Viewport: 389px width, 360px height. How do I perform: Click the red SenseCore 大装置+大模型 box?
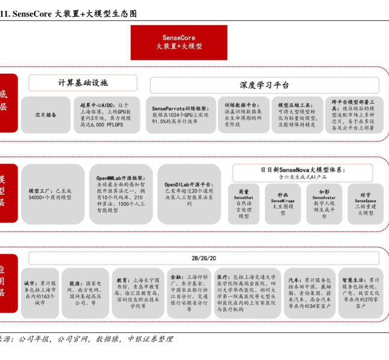(x=179, y=42)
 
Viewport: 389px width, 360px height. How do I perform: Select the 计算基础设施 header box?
(x=83, y=83)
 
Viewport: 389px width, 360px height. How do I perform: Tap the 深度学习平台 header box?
(x=264, y=85)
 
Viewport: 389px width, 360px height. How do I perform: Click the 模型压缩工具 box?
(x=297, y=115)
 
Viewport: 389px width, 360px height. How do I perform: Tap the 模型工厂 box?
(x=52, y=194)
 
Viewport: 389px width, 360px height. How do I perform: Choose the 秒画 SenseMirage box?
(x=283, y=204)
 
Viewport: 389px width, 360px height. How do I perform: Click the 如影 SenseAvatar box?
(x=324, y=204)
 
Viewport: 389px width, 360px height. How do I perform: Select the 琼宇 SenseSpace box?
(x=365, y=204)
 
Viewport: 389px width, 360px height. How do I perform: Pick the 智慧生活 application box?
(x=360, y=292)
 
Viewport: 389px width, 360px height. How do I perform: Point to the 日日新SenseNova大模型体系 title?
(x=303, y=170)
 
